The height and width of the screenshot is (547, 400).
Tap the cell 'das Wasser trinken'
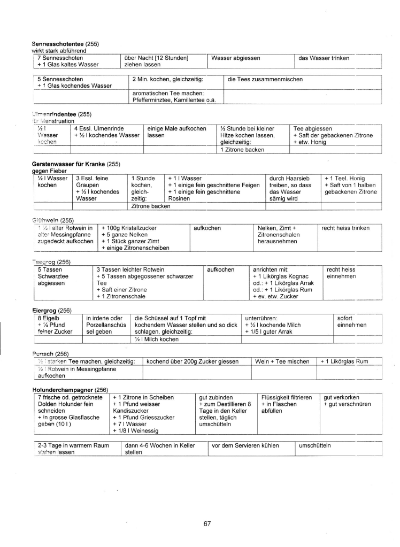(x=324, y=58)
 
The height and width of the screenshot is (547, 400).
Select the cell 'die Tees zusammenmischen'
(x=265, y=79)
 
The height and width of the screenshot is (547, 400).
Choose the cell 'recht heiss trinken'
(x=353, y=228)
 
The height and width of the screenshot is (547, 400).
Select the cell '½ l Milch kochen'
(x=157, y=340)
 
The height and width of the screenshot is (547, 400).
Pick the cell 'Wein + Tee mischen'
(x=282, y=361)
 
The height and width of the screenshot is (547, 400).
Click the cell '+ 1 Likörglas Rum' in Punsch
(x=344, y=361)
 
